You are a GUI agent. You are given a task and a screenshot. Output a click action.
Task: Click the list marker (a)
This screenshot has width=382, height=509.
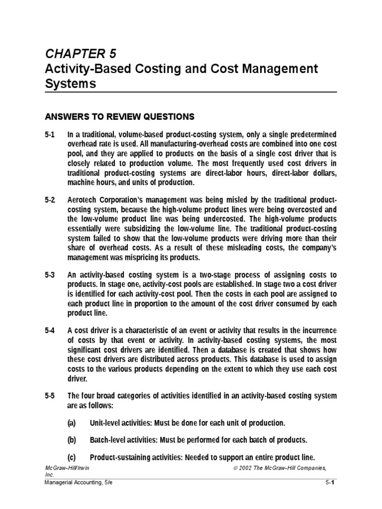coord(73,423)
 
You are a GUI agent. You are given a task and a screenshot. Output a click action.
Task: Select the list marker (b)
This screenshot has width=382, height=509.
coord(73,440)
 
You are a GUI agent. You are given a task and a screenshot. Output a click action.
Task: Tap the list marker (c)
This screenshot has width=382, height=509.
coord(73,457)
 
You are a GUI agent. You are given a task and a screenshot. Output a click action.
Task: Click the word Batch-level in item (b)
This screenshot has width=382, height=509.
coord(108,440)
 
